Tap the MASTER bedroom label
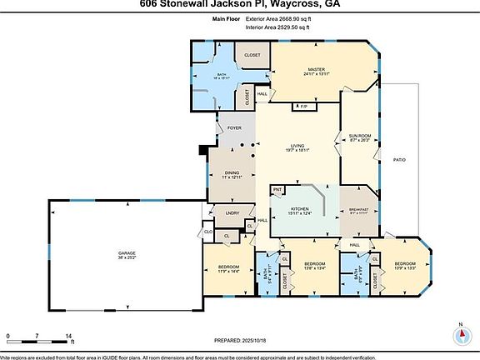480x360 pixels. [x=316, y=69]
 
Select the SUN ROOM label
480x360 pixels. [x=360, y=135]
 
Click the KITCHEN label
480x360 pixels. [x=298, y=210]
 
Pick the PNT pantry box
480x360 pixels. [x=277, y=190]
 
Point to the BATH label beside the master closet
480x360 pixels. [x=222, y=76]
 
